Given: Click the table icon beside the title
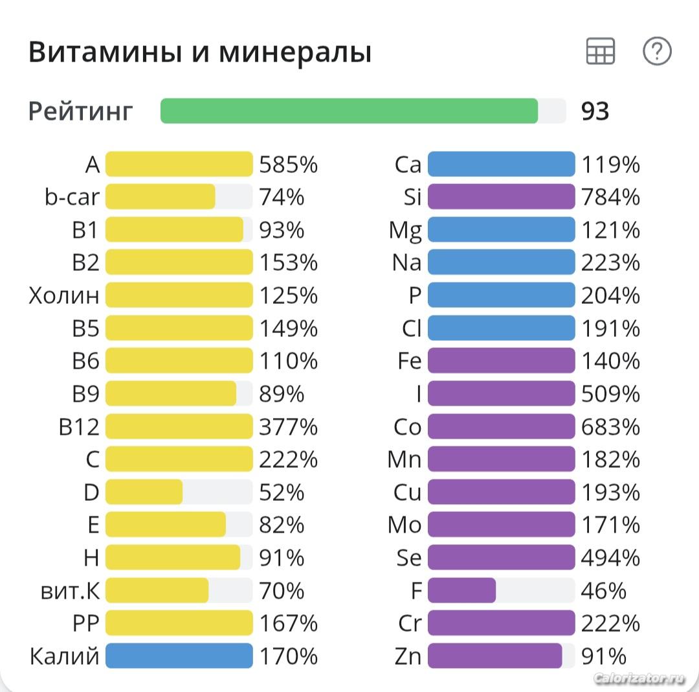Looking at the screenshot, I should (x=600, y=51).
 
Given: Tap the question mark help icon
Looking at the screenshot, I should (x=657, y=51).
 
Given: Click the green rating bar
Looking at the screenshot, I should (x=349, y=111).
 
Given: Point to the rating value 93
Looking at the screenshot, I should (x=595, y=111).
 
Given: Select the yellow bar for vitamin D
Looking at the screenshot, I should (x=144, y=492).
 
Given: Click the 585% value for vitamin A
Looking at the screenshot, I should (x=288, y=165).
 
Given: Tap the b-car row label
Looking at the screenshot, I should (x=72, y=197).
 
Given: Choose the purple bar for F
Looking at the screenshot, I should (x=461, y=590).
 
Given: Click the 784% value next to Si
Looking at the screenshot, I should (x=610, y=197).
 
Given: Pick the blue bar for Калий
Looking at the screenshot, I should (x=179, y=656).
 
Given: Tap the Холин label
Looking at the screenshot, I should (x=64, y=295).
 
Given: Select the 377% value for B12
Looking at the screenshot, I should (x=288, y=426).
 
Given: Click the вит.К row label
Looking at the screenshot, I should (x=70, y=590).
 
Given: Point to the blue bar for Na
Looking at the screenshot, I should (x=501, y=262).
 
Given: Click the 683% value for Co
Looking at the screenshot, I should (x=610, y=426).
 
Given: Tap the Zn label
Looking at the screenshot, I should (x=408, y=656).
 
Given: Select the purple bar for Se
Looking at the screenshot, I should (x=501, y=557).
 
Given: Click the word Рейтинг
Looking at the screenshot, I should (x=81, y=111).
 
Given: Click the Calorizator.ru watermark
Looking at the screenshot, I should (x=638, y=678).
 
